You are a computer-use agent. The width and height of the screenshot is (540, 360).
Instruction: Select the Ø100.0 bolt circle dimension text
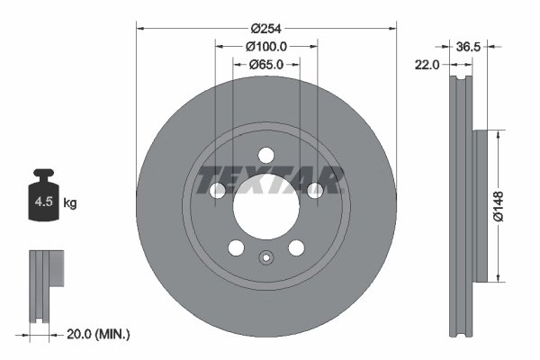point(265,46)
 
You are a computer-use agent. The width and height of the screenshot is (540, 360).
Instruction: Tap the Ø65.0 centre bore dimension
point(265,64)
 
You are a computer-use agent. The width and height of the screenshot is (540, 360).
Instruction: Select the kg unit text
point(69,203)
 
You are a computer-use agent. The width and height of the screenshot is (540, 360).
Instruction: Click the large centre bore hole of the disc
point(265,209)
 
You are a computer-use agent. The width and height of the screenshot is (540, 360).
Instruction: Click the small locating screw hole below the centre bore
point(265,260)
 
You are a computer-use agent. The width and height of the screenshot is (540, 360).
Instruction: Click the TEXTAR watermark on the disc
point(270,179)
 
